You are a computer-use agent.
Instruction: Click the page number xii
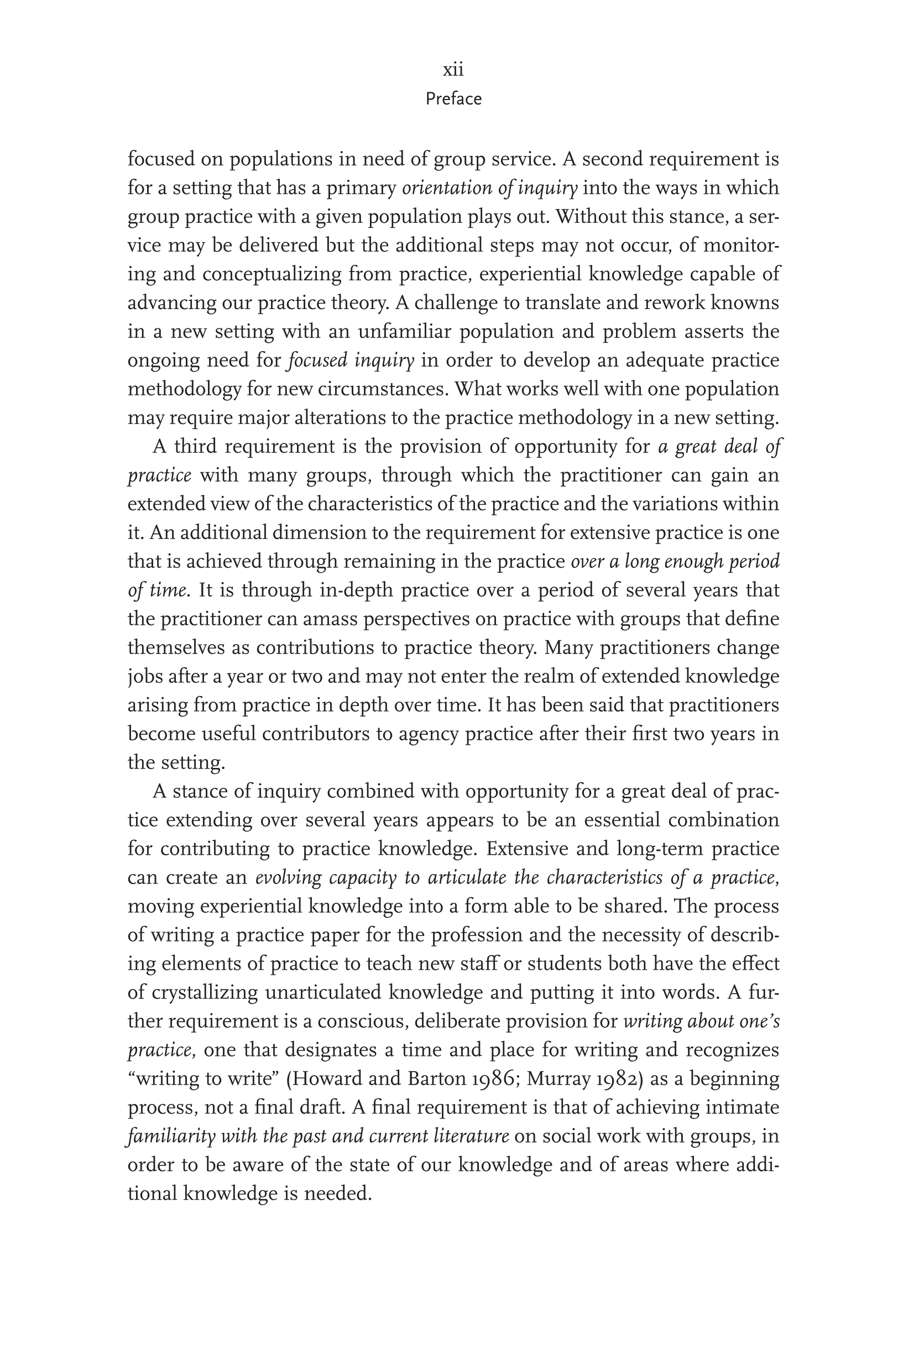point(453,70)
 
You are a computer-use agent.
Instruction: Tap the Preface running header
point(453,99)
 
